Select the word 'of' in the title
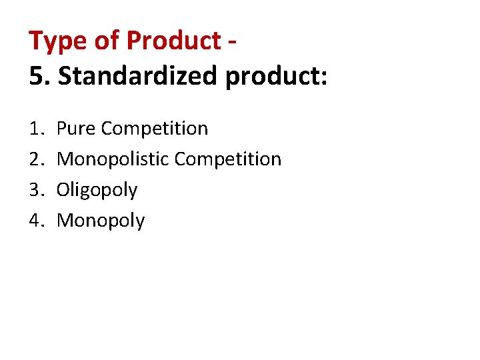click(x=105, y=41)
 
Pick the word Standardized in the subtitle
click(x=139, y=76)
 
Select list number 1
click(x=36, y=128)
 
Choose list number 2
click(x=36, y=159)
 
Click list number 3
click(x=36, y=189)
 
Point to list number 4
click(x=36, y=220)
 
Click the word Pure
click(x=76, y=128)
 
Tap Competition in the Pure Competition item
click(x=154, y=129)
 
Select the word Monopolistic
click(x=113, y=159)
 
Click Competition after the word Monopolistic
click(x=228, y=159)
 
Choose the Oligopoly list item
click(x=97, y=191)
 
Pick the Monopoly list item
click(x=101, y=221)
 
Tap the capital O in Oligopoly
click(x=63, y=189)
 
